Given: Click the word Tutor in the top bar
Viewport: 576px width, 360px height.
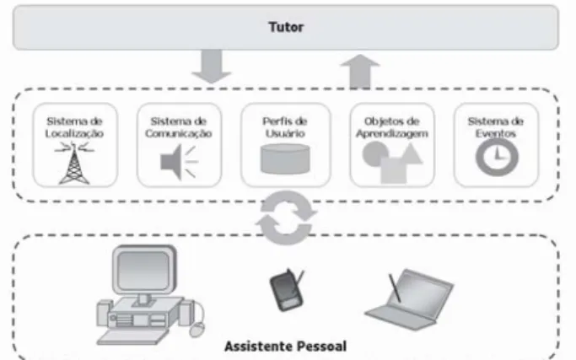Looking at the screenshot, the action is click(286, 27).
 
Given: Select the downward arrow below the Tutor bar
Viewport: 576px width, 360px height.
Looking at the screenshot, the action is click(211, 66).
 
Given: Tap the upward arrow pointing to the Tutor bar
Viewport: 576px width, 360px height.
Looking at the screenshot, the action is click(360, 72).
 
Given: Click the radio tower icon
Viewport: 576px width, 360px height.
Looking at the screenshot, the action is click(74, 164).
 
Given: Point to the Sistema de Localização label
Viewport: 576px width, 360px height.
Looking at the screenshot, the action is click(74, 127).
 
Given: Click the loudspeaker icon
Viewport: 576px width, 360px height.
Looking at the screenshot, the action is click(180, 162).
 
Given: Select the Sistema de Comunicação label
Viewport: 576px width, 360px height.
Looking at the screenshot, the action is click(179, 127).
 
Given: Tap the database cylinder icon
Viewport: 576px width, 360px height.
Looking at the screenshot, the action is click(285, 159).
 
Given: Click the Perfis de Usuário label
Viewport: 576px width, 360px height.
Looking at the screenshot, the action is click(285, 127).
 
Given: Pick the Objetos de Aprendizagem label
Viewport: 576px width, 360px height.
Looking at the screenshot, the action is click(392, 127).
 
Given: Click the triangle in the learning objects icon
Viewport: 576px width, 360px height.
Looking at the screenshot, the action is click(411, 154).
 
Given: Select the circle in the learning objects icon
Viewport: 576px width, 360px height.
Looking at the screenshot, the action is click(374, 154).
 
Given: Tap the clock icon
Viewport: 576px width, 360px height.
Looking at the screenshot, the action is click(497, 157).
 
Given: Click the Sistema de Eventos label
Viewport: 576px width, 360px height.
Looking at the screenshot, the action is click(496, 127).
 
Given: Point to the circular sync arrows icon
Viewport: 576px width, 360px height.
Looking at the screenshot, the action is click(286, 218).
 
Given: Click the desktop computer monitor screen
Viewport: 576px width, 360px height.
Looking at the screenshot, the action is click(143, 271).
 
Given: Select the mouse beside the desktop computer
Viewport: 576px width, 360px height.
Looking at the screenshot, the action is click(197, 330).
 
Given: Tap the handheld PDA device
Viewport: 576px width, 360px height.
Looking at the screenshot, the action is click(287, 290).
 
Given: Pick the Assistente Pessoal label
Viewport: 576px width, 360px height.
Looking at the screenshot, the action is click(285, 346).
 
